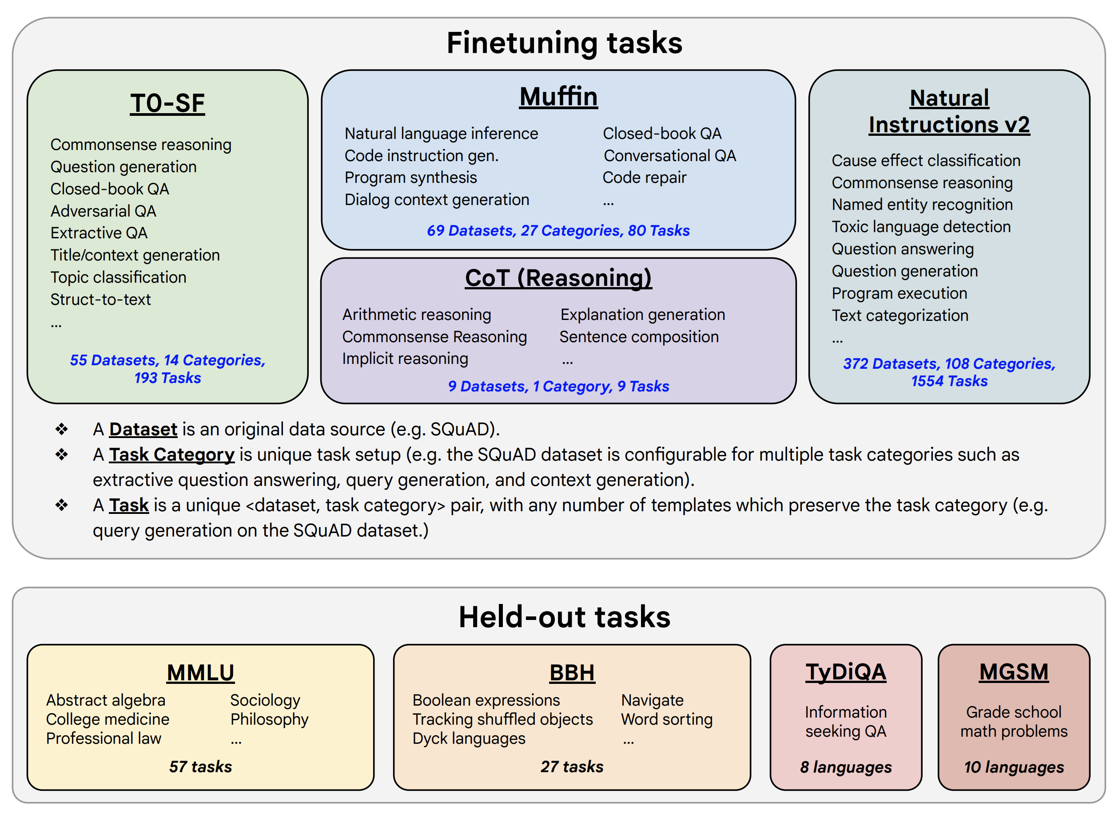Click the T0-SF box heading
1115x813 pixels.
167,103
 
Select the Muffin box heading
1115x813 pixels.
558,96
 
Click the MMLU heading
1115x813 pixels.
200,672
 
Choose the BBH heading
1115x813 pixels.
572,672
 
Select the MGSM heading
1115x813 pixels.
1013,672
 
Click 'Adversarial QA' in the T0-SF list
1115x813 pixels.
104,211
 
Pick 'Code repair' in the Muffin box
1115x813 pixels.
644,178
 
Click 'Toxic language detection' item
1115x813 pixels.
920,227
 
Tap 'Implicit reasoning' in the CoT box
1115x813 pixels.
405,359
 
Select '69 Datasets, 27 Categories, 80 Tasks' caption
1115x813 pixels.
558,230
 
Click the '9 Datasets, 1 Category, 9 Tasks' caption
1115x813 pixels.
558,387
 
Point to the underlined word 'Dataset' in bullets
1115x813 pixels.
143,429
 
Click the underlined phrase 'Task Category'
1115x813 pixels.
171,454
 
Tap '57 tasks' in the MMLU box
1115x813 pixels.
200,766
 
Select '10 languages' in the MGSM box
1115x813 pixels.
1013,767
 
